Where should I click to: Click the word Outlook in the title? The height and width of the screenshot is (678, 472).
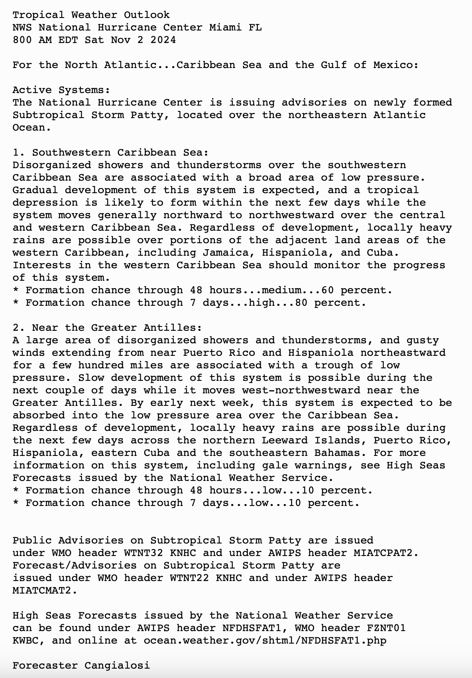click(x=147, y=15)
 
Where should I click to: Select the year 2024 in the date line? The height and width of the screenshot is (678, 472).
click(x=163, y=40)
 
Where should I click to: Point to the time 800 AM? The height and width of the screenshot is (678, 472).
click(x=32, y=40)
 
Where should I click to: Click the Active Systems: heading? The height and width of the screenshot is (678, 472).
click(x=61, y=90)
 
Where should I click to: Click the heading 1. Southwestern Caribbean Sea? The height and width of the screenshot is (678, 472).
click(x=111, y=152)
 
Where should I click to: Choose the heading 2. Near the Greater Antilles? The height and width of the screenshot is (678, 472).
click(x=107, y=328)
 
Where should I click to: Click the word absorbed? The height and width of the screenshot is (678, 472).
click(x=39, y=415)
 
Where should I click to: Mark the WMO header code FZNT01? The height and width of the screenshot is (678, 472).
click(x=386, y=628)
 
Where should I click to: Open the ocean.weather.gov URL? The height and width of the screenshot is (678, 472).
click(x=265, y=640)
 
